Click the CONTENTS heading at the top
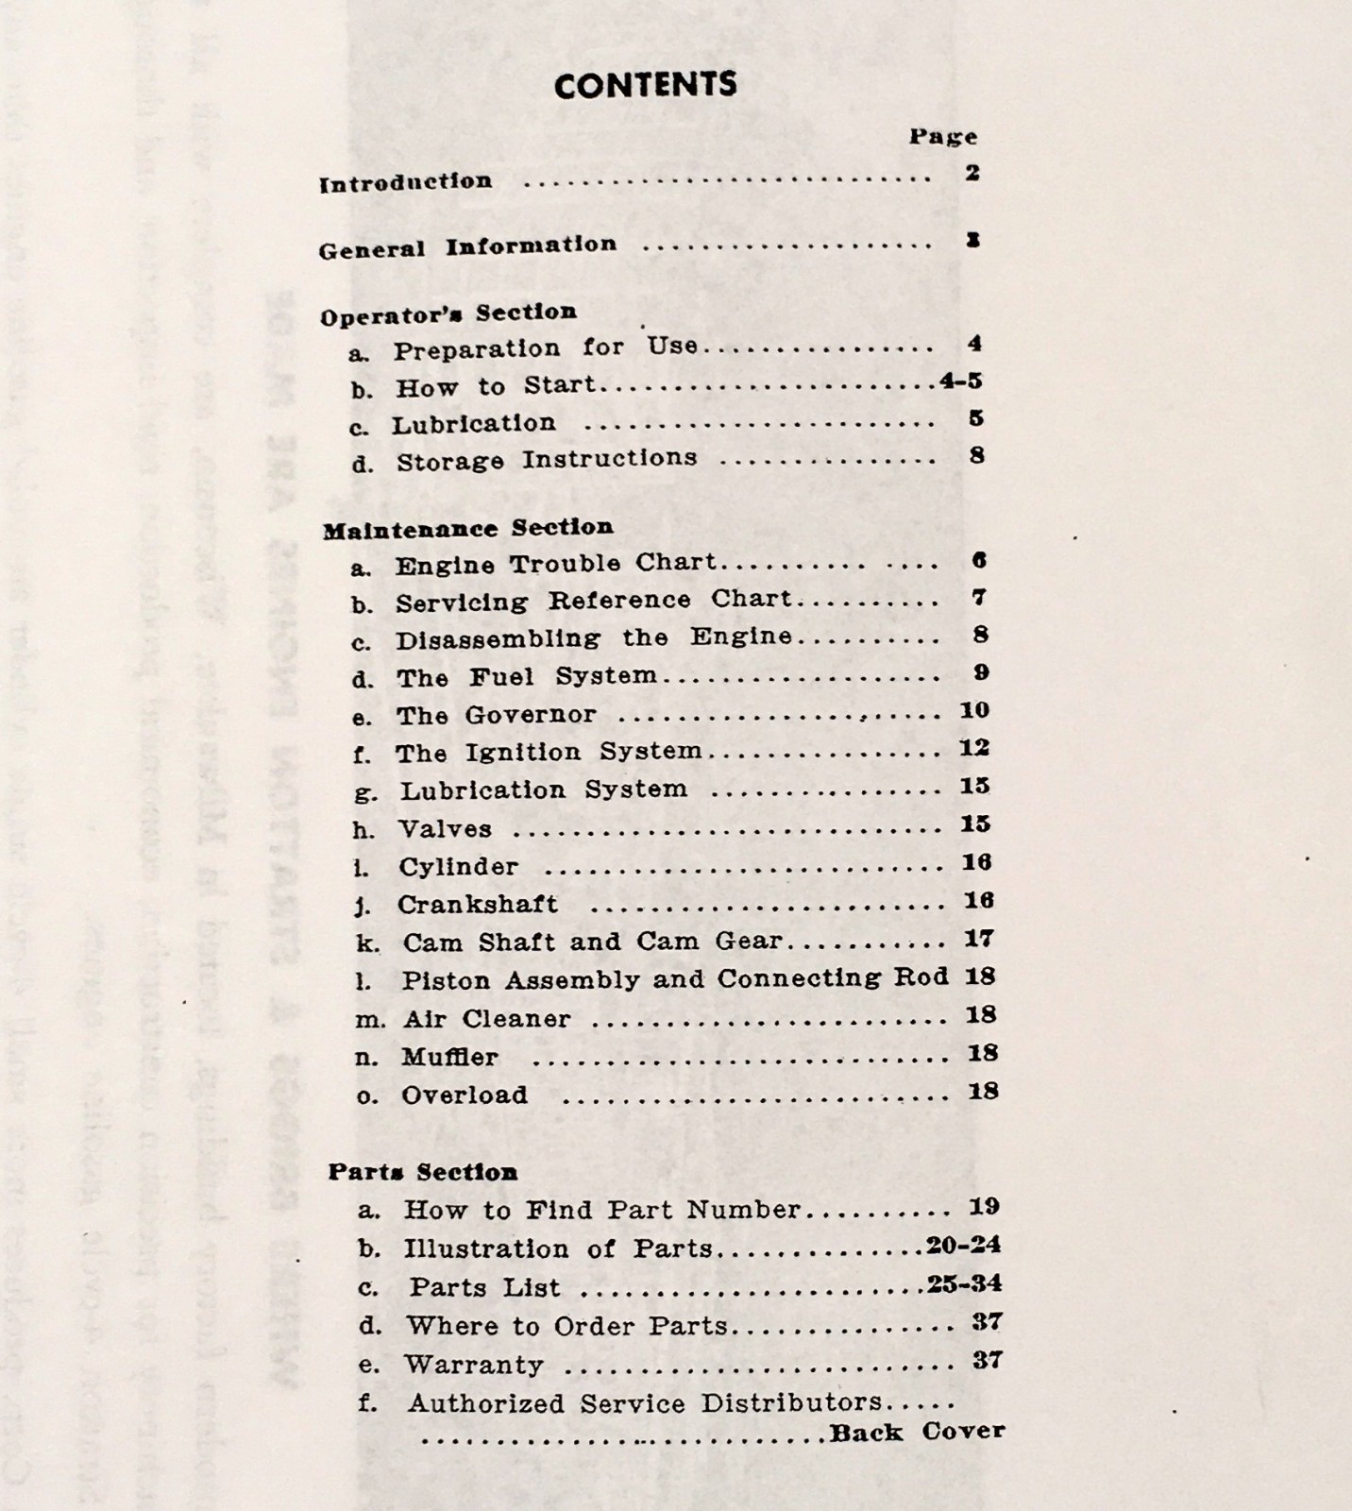click(x=645, y=85)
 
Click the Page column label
click(x=942, y=137)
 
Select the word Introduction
click(x=405, y=182)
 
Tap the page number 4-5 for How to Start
click(x=961, y=382)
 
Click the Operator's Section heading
click(x=448, y=314)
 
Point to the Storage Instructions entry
click(x=547, y=461)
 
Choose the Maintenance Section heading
click(x=467, y=528)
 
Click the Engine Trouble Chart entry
click(x=556, y=564)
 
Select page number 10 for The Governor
click(x=974, y=710)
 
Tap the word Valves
click(x=445, y=829)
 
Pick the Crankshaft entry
click(x=477, y=905)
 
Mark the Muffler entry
click(x=449, y=1057)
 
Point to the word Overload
click(x=465, y=1095)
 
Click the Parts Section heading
click(x=423, y=1172)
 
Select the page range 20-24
click(x=963, y=1245)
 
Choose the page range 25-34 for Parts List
click(x=964, y=1283)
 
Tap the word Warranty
click(x=474, y=1365)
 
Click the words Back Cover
click(x=917, y=1432)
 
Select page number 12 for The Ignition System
click(x=974, y=748)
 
